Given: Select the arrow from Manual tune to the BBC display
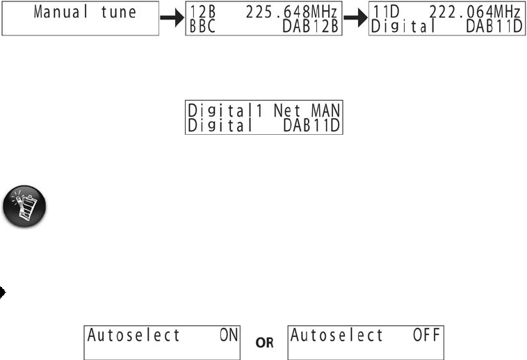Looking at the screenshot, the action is pos(172,19).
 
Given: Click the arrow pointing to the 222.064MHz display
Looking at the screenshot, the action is pos(355,19).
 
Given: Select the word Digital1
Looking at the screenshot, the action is pos(224,110).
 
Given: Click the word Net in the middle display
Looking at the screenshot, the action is pos(286,110).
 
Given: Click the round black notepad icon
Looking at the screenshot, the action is pos(25,207).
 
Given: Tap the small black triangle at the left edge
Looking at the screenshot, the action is pos(3,293).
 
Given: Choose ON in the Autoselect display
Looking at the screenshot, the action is pos(228,335).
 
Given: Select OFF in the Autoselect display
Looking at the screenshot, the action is pos(426,335).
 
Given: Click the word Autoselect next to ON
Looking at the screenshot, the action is pos(133,335).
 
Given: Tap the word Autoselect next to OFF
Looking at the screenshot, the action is pos(337,335).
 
